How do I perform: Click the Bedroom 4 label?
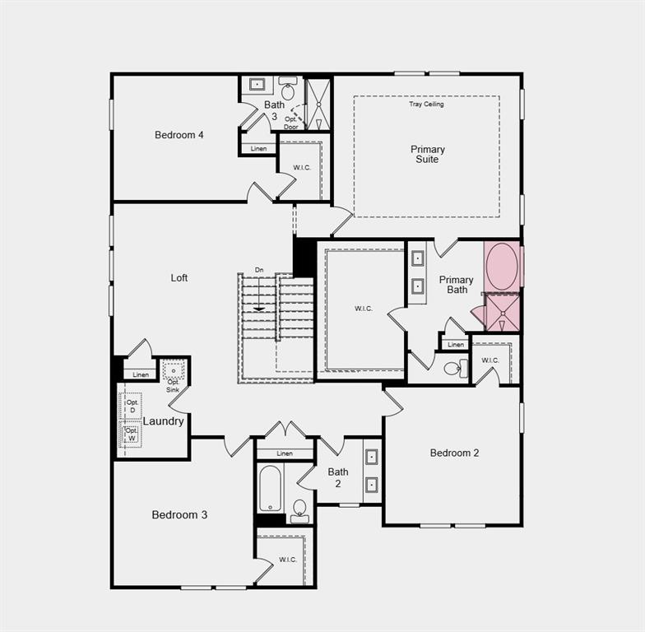179,135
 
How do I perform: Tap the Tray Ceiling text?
426,105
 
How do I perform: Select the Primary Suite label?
427,154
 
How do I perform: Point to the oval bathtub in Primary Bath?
502,266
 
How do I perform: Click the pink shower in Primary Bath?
502,313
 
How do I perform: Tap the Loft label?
179,277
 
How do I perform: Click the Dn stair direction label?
259,270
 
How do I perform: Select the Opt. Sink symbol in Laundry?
174,371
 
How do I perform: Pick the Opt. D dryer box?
132,406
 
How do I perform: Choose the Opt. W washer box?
132,434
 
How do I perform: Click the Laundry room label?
163,421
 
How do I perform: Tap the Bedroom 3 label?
179,515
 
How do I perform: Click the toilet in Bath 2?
299,509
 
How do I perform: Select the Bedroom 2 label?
454,453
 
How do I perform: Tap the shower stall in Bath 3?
318,104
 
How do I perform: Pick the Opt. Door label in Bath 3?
291,123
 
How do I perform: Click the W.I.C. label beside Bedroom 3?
287,560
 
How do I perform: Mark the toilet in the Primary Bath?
453,368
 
